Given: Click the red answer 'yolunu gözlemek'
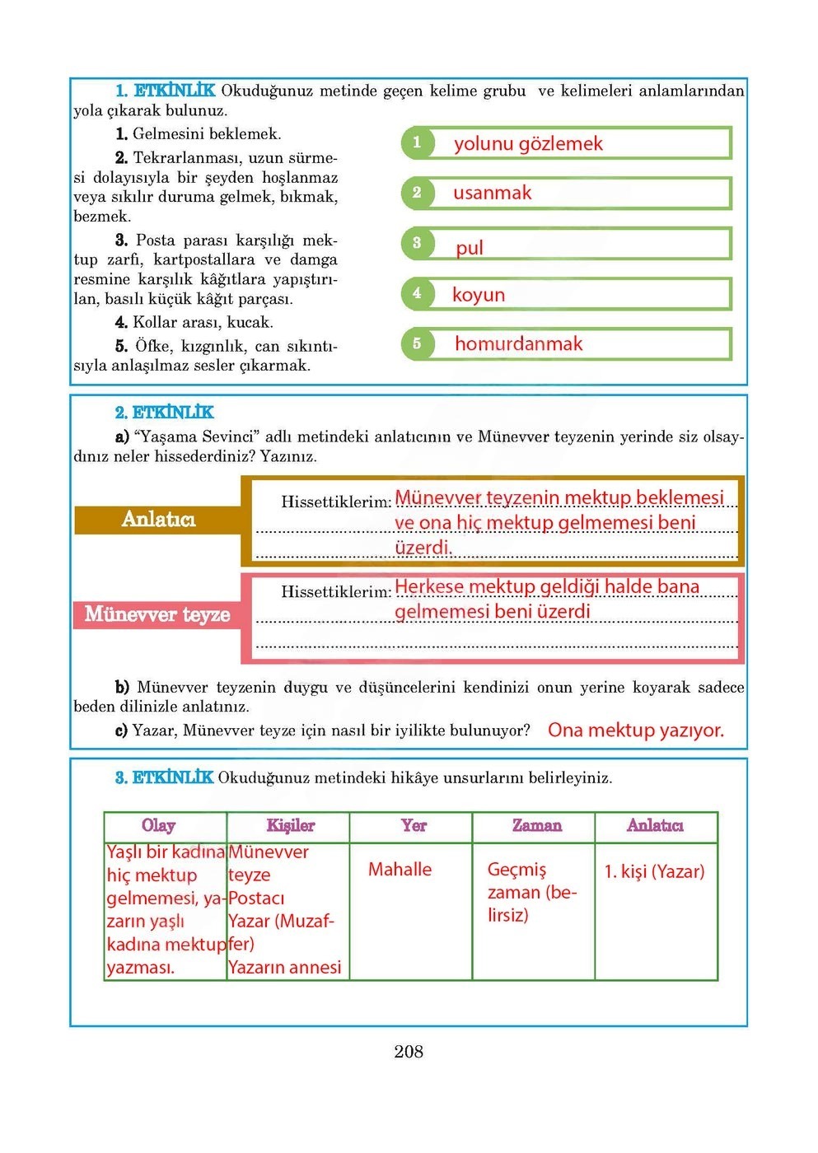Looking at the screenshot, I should point(528,144).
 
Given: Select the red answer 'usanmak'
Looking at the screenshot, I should point(493,194).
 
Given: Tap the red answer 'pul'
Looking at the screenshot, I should point(470,248).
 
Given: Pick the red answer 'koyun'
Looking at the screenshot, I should point(479,295).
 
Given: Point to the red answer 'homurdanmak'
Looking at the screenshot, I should point(518,344).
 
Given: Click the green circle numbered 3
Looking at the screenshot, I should point(417,243).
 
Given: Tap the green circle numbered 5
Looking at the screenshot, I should point(417,343).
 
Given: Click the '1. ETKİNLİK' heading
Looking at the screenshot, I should point(166,91).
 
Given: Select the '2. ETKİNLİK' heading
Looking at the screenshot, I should point(164,413).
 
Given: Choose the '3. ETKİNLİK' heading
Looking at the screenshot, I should point(164,777).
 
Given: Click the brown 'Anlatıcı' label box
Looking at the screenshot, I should point(158,519).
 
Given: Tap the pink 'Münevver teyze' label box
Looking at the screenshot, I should point(157,614).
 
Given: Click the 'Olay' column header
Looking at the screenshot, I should point(159,826).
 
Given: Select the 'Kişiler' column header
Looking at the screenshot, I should point(290,826).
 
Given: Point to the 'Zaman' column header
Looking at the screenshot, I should point(536,826).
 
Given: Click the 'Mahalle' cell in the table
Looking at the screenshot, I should point(400,870).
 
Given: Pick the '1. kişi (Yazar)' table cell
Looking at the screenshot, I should point(654,871).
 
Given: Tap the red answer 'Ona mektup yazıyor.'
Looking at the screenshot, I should point(636,731).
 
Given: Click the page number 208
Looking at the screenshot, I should point(409,1052).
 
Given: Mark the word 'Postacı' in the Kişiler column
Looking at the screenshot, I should point(256,899).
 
